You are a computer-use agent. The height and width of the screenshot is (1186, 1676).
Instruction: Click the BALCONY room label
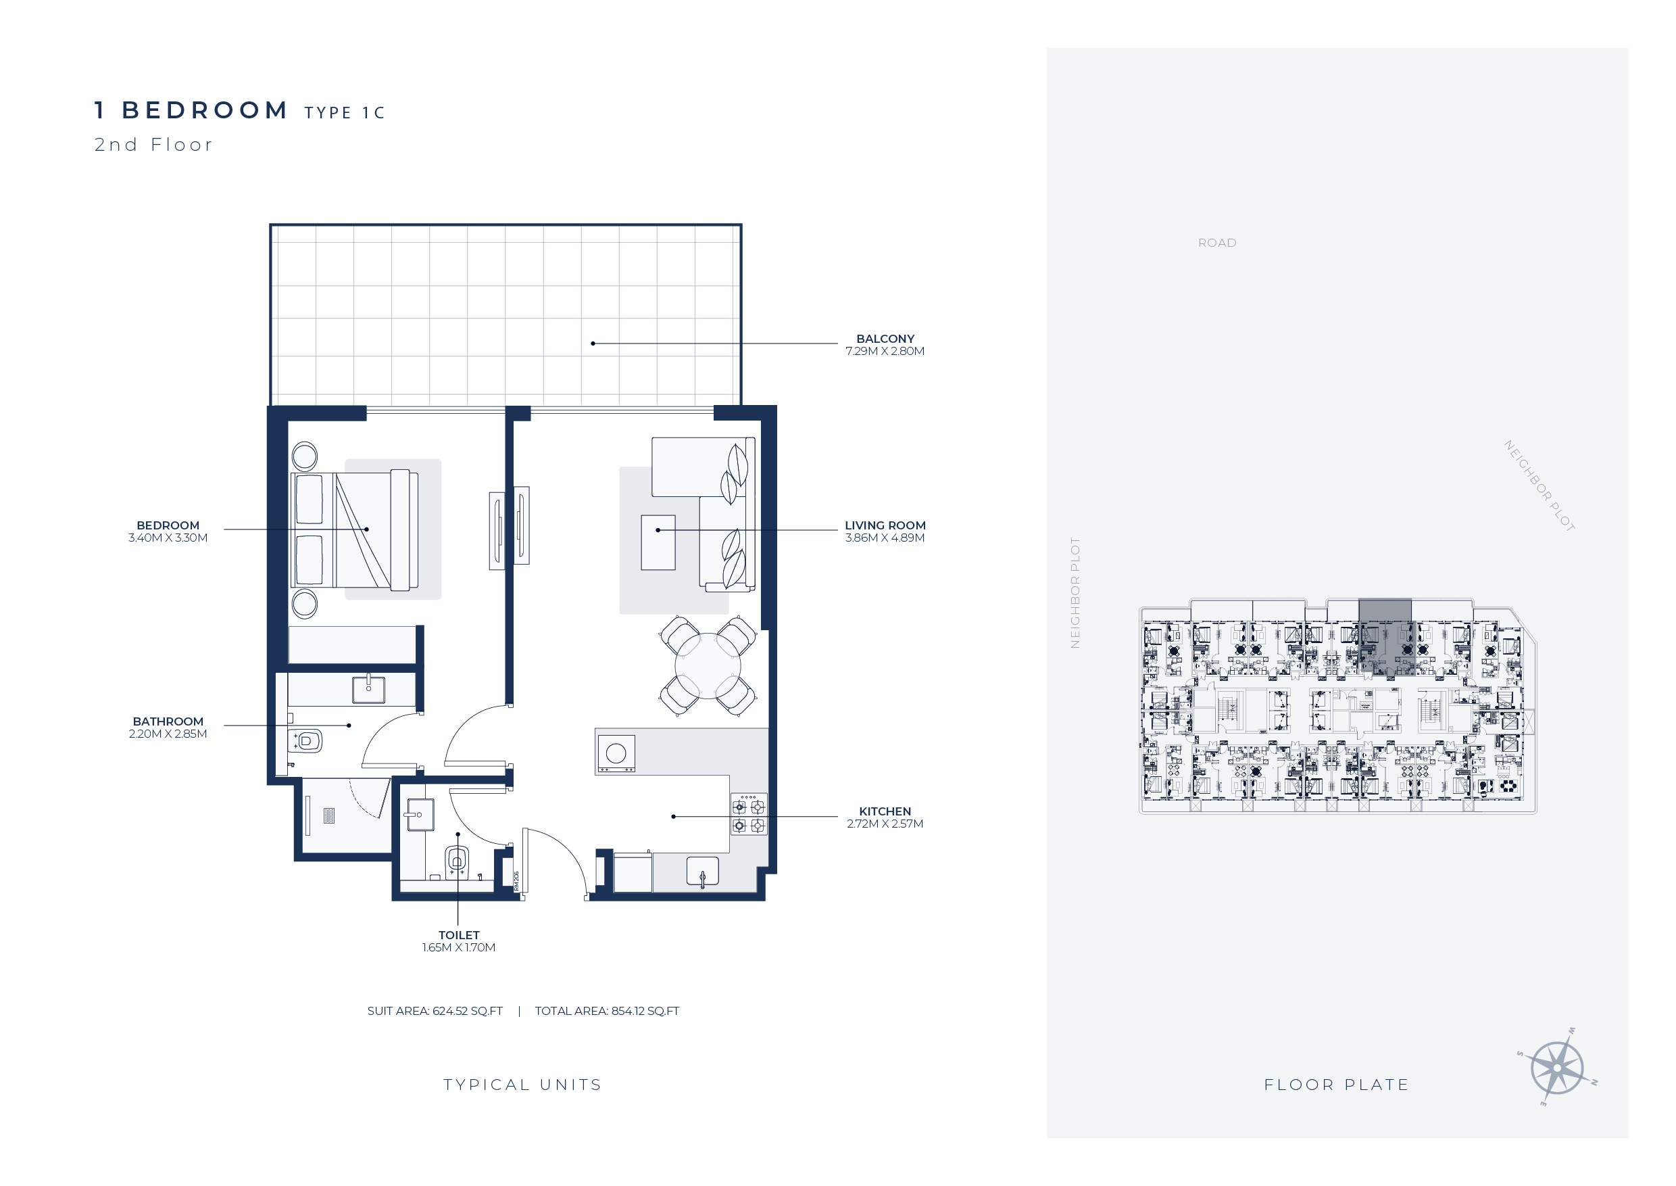tap(885, 339)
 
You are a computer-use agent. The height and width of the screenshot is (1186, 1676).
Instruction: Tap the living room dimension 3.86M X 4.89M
tap(885, 538)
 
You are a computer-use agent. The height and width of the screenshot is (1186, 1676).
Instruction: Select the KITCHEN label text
tap(885, 811)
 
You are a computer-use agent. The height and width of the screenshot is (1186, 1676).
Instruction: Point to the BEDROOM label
tap(168, 526)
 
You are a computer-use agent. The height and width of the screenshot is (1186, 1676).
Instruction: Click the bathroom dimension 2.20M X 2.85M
tap(168, 734)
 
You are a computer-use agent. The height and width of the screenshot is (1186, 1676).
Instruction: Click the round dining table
tap(708, 666)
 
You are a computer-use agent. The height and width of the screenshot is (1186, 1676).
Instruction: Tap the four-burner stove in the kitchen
tap(749, 815)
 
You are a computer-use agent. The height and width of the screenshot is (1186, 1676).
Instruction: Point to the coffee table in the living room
tap(658, 542)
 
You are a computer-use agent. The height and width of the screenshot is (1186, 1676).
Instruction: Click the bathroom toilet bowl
tap(307, 741)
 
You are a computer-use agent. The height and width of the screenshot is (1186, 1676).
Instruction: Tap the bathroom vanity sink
tap(368, 688)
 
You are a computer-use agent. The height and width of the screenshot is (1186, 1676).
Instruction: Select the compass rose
tap(1557, 1068)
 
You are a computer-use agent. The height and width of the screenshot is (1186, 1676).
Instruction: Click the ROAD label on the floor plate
tap(1217, 243)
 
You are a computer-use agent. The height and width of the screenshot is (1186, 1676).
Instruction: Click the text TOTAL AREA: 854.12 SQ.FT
tap(607, 1012)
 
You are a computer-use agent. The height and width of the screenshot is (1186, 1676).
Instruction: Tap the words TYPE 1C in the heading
tap(345, 113)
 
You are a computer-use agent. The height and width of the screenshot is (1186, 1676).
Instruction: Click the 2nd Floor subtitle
tap(153, 145)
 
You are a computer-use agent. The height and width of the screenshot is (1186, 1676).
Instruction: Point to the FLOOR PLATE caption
tap(1337, 1085)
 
